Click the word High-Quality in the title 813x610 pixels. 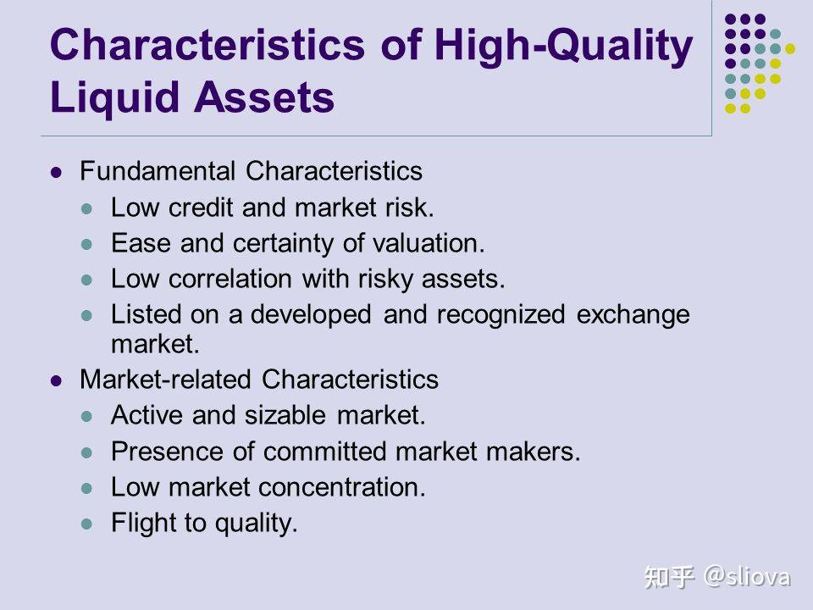pos(564,46)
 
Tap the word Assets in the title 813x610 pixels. pos(264,97)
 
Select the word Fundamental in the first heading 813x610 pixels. pos(158,170)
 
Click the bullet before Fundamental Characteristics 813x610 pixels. pos(56,172)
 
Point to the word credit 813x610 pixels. pos(201,208)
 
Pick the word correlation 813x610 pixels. pos(230,279)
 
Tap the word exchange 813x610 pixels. pos(633,315)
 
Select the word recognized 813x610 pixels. pos(501,315)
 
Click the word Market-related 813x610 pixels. pos(165,380)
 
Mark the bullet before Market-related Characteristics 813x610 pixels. pos(56,381)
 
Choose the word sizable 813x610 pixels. pos(285,415)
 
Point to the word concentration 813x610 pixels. pos(341,487)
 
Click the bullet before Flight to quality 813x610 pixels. pos(87,524)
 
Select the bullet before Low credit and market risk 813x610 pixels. pos(87,209)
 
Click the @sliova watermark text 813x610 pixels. pos(747,577)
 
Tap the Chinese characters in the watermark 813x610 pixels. pos(669,577)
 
